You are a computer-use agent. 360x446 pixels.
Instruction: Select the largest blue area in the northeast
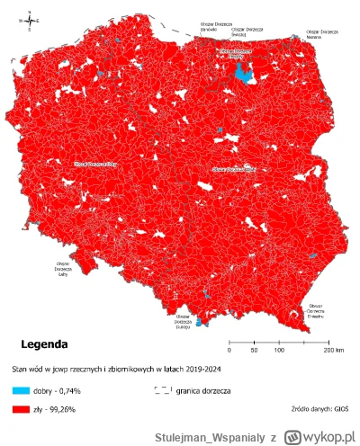pos(240,72)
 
